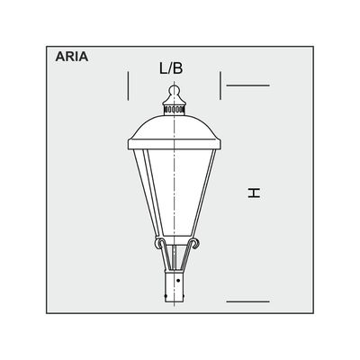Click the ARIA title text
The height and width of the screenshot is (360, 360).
click(x=72, y=57)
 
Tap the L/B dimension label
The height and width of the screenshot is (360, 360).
click(x=171, y=68)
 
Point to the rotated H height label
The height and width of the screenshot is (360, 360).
click(x=254, y=193)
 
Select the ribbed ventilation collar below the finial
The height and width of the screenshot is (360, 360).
click(x=175, y=110)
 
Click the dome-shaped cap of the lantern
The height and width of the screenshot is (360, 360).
click(x=175, y=127)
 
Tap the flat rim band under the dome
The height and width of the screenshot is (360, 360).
click(x=175, y=144)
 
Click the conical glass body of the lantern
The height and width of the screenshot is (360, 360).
click(x=175, y=192)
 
